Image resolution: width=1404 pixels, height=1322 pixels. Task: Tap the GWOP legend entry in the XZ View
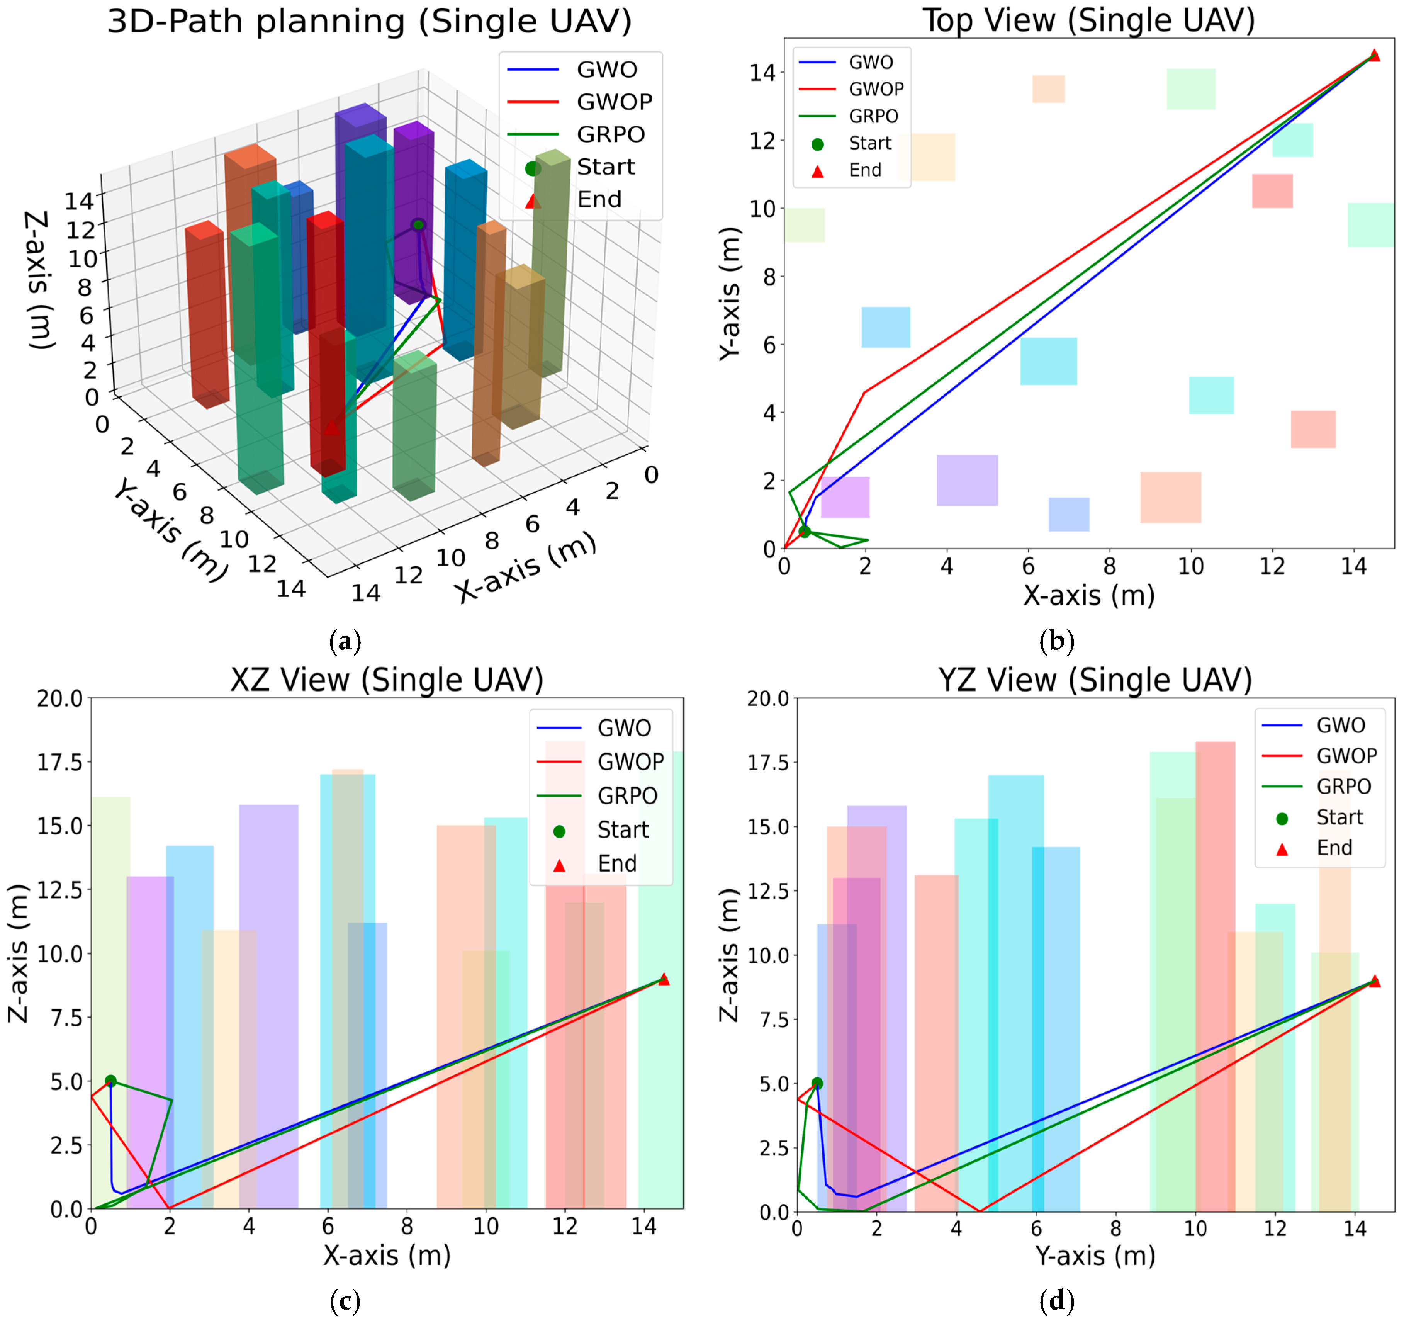point(600,762)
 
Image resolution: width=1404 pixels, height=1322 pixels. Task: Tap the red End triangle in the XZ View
point(663,979)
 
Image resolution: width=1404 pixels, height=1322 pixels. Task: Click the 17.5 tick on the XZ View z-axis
point(59,762)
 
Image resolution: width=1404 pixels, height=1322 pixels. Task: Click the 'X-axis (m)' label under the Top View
point(1088,595)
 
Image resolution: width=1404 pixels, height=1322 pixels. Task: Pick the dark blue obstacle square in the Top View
point(1068,514)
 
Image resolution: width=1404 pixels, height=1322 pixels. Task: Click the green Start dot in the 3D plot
point(418,224)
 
